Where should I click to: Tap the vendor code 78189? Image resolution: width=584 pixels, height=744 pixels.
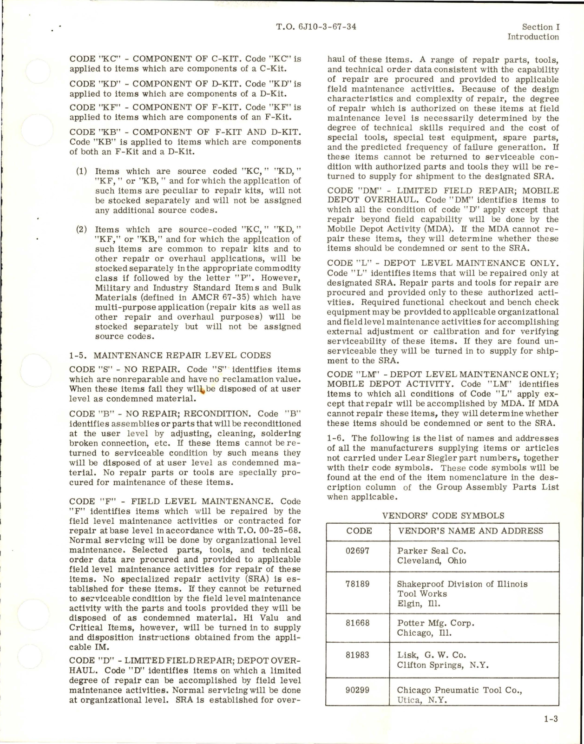pos(357,584)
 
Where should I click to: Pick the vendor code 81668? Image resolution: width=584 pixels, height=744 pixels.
pos(357,623)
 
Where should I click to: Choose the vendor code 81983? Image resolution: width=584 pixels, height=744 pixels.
pos(357,655)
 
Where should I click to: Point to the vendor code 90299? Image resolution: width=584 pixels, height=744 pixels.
pos(357,690)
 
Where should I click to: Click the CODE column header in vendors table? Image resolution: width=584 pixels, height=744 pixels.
pos(359,531)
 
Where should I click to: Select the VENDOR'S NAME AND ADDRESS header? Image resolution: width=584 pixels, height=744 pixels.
pos(470,531)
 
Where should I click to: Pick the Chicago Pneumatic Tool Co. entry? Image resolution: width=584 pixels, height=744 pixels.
pos(459,690)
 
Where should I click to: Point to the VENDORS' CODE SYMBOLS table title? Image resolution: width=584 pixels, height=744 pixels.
pos(443,515)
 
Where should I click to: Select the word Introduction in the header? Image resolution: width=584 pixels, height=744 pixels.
pos(533,37)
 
